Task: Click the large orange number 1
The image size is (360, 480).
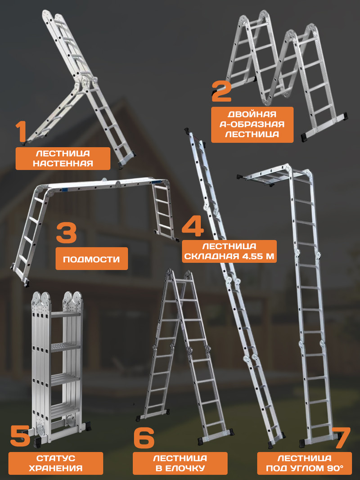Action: tap(21, 132)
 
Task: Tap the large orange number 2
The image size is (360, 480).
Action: tap(221, 91)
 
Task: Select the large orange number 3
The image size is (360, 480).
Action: tap(67, 233)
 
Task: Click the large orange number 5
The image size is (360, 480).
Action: tap(20, 436)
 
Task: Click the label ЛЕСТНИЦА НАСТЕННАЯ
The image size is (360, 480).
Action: tap(63, 158)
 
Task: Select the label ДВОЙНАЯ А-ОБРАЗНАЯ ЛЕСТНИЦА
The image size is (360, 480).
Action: tap(252, 124)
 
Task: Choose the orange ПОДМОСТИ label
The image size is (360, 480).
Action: tap(91, 259)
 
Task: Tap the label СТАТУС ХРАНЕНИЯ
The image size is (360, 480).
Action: tap(56, 463)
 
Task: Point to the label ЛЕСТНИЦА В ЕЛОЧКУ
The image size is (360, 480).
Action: tap(180, 463)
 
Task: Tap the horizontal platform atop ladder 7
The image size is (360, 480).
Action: tap(266, 176)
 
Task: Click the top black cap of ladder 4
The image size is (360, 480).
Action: tap(187, 132)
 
